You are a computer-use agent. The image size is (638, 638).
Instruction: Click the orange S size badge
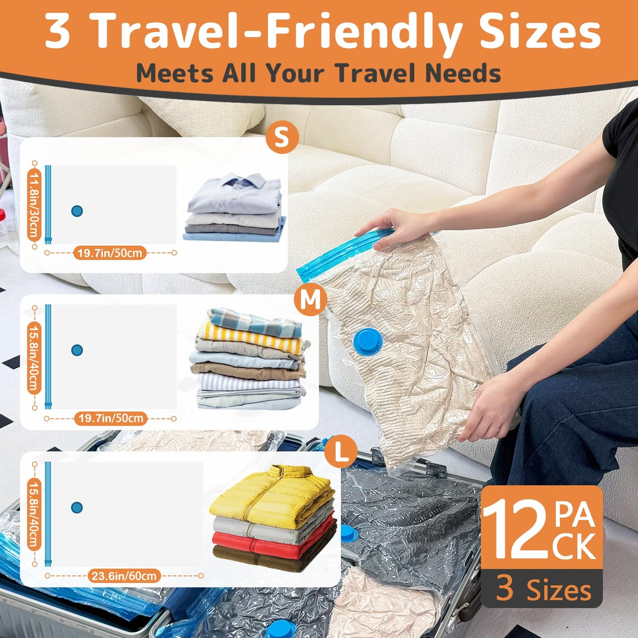pyautogui.click(x=282, y=137)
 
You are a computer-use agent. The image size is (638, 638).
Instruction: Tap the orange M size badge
pyautogui.click(x=310, y=300)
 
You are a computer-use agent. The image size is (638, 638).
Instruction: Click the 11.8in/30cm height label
pyautogui.click(x=34, y=205)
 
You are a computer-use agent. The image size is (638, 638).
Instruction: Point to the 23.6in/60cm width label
pyautogui.click(x=124, y=576)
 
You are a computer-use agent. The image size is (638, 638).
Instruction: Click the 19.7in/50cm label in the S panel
pyautogui.click(x=110, y=253)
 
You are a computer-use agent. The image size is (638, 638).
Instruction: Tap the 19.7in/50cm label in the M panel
pyautogui.click(x=111, y=418)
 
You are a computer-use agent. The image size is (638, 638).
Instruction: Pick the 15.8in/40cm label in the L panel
pyautogui.click(x=34, y=514)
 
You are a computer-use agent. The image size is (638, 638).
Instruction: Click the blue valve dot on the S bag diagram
pyautogui.click(x=77, y=211)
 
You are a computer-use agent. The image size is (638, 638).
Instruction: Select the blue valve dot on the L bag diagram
pyautogui.click(x=77, y=507)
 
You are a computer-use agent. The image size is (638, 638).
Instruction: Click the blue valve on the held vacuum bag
pyautogui.click(x=369, y=341)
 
